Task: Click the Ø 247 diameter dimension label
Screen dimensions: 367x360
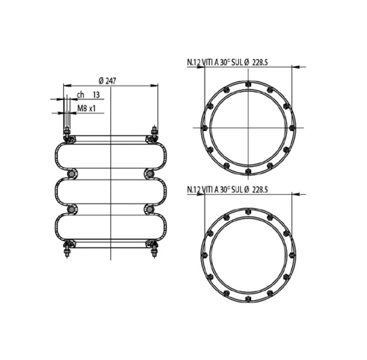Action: click(107, 81)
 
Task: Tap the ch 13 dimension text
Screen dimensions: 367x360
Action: click(88, 95)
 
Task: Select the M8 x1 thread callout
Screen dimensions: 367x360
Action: click(86, 108)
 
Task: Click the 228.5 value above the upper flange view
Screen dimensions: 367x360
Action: click(260, 62)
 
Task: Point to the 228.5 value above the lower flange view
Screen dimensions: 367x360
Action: click(260, 189)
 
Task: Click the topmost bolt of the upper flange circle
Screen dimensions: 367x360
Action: click(248, 84)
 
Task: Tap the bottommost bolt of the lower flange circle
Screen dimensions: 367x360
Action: click(248, 299)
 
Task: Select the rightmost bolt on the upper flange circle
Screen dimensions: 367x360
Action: click(292, 128)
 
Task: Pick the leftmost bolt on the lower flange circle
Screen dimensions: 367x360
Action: click(205, 255)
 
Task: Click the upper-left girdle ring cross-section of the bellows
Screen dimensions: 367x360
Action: click(71, 174)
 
